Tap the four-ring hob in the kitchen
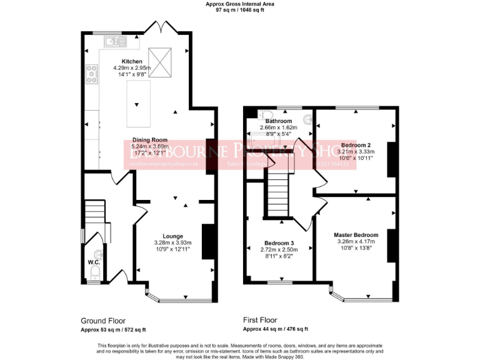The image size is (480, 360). (x=91, y=75)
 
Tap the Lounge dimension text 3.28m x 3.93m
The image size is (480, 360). (x=172, y=242)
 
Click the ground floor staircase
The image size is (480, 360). (x=95, y=216)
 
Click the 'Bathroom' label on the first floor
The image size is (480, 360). (x=278, y=121)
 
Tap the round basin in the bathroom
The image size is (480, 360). (x=307, y=118)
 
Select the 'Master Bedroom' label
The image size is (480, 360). (x=356, y=234)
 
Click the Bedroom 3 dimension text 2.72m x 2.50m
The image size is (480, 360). (x=279, y=249)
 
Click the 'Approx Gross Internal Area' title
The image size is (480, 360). (x=240, y=4)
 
